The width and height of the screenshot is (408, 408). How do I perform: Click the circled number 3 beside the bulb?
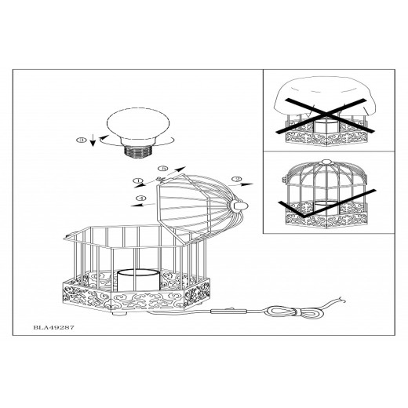pos(82,140)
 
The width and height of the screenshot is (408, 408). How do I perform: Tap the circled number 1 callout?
pos(138,180)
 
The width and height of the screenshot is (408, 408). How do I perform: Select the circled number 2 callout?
pos(236,179)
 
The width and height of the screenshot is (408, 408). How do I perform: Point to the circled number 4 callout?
pos(141,198)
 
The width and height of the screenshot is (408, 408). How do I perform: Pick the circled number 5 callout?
pos(163,169)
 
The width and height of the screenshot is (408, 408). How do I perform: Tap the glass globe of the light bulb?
pos(138,125)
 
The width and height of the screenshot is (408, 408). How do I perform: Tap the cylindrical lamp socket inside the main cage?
pos(138,281)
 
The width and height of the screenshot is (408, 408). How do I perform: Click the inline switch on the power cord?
pos(228,311)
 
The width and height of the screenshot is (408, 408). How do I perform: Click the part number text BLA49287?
pos(53,327)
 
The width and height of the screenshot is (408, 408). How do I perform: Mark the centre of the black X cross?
pos(326,115)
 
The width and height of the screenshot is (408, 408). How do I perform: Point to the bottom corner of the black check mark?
pos(304,217)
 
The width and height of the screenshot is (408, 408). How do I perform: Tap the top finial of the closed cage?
pos(326,162)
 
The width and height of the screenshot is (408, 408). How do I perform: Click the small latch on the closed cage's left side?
pos(284,180)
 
